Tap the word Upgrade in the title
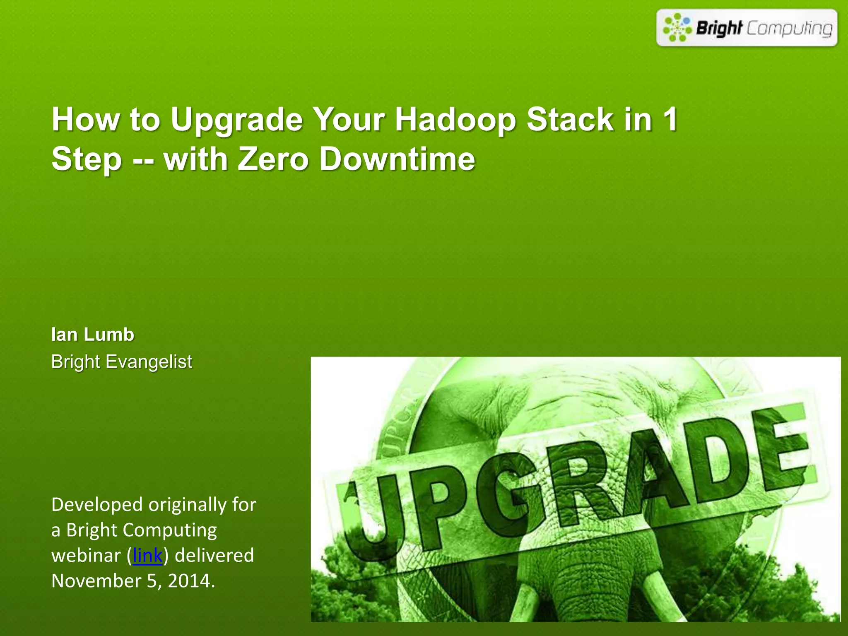click(236, 120)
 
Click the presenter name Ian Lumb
click(92, 335)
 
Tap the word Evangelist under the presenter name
click(149, 362)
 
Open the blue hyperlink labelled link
click(147, 556)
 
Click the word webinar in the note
click(86, 556)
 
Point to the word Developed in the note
click(97, 505)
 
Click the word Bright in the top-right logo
click(719, 28)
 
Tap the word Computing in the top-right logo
click(789, 28)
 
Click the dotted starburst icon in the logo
click(677, 27)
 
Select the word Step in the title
click(87, 160)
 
